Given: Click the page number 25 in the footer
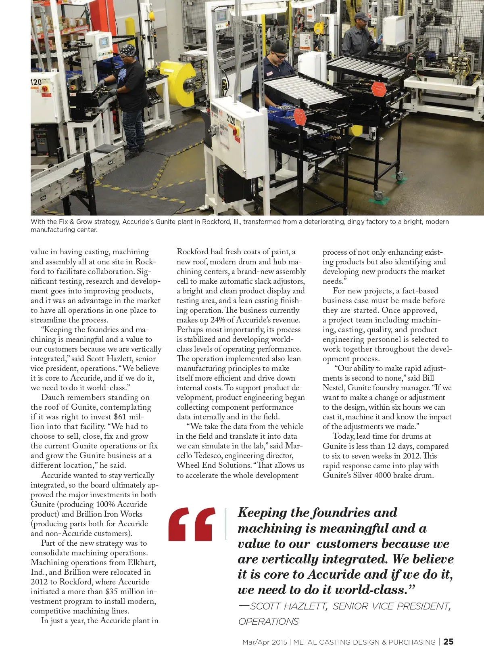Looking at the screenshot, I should (x=448, y=642).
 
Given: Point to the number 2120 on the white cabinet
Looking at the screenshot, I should (x=231, y=119).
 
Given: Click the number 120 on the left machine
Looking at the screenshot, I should (x=36, y=83).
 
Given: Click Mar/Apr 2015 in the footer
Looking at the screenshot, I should (x=265, y=642).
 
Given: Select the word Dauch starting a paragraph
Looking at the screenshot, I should (x=53, y=398).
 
